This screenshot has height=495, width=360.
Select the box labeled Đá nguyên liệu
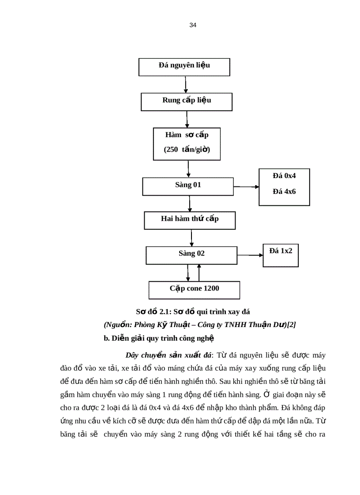point(184,67)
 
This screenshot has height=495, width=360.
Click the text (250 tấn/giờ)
point(187,149)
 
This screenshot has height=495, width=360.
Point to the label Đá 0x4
point(284,175)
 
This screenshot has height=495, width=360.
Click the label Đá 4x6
point(284,192)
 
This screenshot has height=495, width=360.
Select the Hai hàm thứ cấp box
point(189,219)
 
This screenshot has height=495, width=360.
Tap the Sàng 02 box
point(191,254)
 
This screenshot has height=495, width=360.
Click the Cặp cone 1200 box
point(194,289)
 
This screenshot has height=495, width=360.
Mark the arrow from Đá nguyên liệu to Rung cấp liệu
point(186,84)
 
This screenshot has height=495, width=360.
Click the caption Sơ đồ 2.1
point(192,312)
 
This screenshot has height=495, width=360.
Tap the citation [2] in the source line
point(291,325)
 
